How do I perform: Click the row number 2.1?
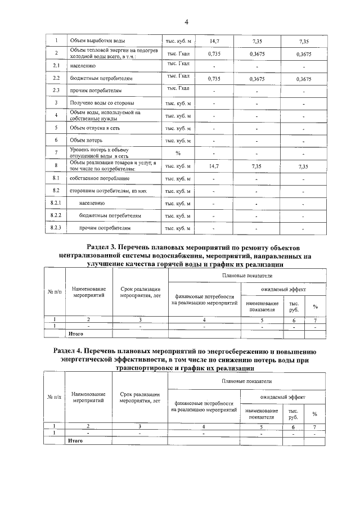click(x=56, y=66)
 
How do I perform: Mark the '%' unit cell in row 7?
click(x=178, y=153)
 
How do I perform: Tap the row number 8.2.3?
click(x=56, y=228)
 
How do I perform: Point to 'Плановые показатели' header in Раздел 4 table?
click(x=246, y=382)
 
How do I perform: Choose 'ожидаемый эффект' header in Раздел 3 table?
click(x=283, y=289)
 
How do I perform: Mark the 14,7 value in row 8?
click(x=214, y=166)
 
